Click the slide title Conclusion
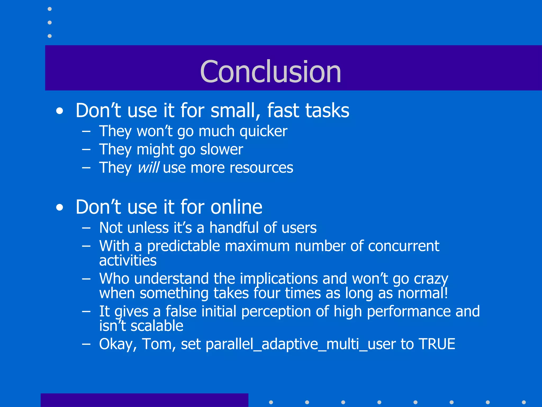pyautogui.click(x=270, y=72)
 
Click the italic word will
pyautogui.click(x=148, y=168)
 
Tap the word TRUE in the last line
pyautogui.click(x=437, y=344)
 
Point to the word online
pyautogui.click(x=236, y=207)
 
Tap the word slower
pyautogui.click(x=222, y=149)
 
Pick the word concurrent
pyautogui.click(x=403, y=246)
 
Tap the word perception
pyautogui.click(x=276, y=311)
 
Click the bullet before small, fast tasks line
pyautogui.click(x=60, y=111)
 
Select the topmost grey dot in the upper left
pyautogui.click(x=49, y=9)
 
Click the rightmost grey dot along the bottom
pyautogui.click(x=523, y=402)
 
